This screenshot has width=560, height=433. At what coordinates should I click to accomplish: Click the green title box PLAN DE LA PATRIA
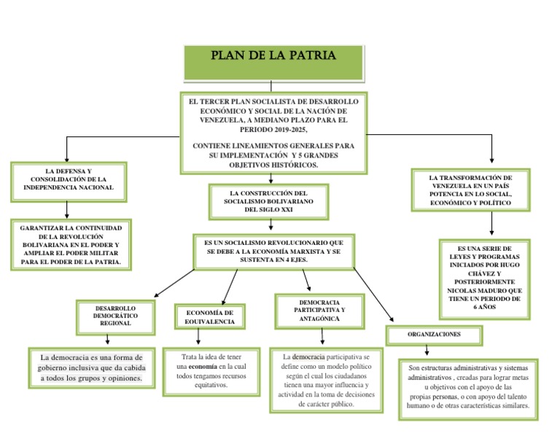[x=273, y=61]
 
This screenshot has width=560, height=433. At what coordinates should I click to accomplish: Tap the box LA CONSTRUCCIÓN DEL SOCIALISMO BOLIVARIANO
[x=268, y=201]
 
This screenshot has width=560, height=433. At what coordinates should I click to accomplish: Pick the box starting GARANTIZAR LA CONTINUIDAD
[x=71, y=245]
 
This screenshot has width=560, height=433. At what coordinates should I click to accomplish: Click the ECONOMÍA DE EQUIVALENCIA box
[x=210, y=317]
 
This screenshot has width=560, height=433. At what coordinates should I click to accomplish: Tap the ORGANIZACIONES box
[x=434, y=334]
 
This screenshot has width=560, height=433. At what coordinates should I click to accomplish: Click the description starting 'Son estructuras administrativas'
[x=468, y=389]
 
